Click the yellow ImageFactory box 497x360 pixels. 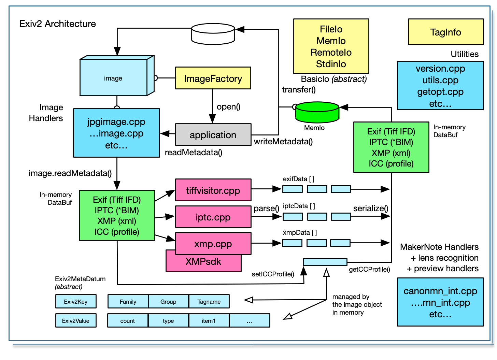213,78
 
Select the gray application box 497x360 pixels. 213,135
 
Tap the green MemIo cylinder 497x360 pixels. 317,112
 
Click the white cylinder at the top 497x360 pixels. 213,34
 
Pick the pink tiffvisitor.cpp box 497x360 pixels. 213,190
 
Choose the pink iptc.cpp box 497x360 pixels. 213,217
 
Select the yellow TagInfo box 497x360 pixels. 445,32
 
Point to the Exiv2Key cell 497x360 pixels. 76,301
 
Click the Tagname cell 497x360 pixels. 209,301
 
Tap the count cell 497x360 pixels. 128,320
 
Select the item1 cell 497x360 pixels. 209,320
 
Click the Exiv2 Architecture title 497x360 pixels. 58,24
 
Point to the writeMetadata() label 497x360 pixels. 283,142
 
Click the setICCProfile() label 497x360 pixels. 273,274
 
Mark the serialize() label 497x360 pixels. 370,208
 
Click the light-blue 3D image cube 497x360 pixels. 113,78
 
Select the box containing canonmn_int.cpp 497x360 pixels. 440,302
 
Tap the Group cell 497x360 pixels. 168,301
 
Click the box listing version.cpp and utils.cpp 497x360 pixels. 440,86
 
